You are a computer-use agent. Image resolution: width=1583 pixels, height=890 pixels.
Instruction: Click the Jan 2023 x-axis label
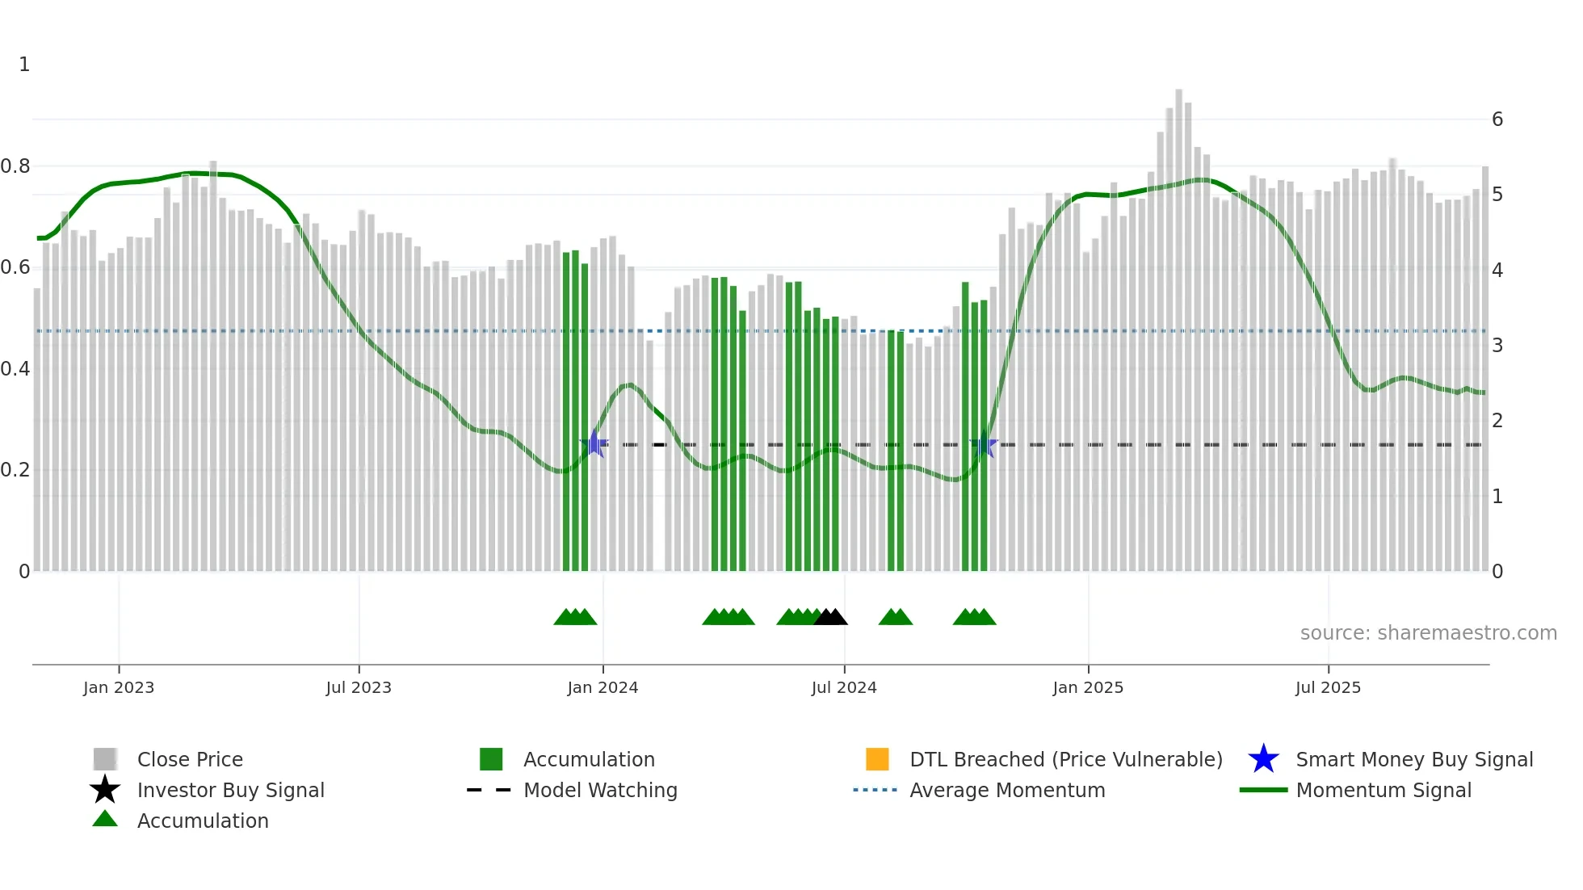119,688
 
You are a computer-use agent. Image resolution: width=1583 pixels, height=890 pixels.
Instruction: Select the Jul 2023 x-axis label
359,688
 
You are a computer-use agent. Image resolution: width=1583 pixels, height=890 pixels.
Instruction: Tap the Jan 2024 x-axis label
603,688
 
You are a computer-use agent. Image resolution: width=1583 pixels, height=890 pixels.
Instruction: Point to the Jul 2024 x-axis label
844,688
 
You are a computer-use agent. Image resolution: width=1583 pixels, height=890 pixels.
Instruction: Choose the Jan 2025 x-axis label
1088,688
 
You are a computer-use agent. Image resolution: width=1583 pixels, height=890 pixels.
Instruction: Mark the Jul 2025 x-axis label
1328,688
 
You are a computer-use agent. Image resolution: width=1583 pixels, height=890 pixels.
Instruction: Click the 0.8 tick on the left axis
15,166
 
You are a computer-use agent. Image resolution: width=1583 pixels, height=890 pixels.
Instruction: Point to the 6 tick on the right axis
1497,120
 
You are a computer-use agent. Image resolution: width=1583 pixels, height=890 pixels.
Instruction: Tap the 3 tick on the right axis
1497,346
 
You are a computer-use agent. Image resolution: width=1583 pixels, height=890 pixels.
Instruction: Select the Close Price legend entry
190,760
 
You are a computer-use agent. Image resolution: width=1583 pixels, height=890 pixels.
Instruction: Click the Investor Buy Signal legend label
231,791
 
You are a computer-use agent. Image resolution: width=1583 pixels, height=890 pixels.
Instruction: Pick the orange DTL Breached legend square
877,759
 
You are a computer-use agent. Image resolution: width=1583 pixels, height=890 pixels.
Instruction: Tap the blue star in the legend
1263,759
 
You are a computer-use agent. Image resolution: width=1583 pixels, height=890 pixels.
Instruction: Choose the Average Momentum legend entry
1007,791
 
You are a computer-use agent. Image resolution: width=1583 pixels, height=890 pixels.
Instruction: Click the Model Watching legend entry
600,791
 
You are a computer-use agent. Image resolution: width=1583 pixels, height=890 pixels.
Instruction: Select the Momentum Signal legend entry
1384,791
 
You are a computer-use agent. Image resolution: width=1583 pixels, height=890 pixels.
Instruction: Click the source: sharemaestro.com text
1428,633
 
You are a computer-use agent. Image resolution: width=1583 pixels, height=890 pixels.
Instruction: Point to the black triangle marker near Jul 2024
831,618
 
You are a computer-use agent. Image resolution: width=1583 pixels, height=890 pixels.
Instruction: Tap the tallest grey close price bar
1178,323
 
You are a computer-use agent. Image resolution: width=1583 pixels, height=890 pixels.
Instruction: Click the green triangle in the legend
105,820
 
